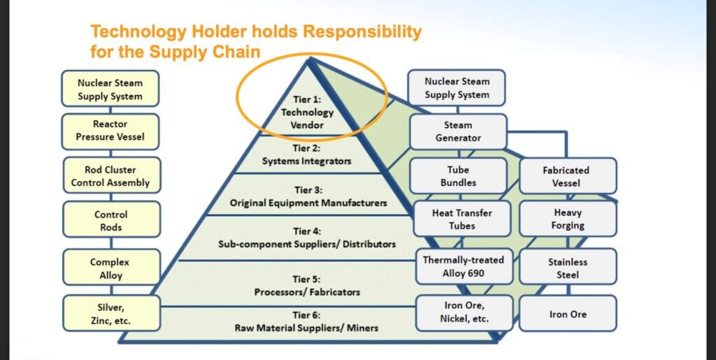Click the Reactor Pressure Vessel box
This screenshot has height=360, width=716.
[110, 131]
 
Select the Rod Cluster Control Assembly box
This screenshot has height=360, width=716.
[110, 176]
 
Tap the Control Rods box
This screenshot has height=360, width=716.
[111, 220]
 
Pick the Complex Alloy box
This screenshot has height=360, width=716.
[111, 268]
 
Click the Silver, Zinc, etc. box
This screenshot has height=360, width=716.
[111, 313]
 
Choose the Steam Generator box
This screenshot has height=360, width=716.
[459, 131]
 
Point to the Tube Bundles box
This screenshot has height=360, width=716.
[459, 176]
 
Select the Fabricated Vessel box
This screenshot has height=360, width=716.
[568, 176]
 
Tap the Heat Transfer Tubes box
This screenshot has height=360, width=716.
[462, 219]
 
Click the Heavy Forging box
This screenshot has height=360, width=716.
[568, 219]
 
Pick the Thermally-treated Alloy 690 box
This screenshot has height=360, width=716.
[464, 266]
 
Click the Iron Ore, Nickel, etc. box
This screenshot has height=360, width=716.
[464, 312]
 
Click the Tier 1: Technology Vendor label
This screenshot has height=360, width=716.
[308, 112]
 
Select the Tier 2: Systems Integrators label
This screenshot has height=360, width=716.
[307, 154]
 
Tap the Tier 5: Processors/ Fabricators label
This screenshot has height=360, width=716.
[307, 286]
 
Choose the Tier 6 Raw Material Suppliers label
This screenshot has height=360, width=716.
[306, 322]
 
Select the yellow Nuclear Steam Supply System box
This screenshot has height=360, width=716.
[110, 89]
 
